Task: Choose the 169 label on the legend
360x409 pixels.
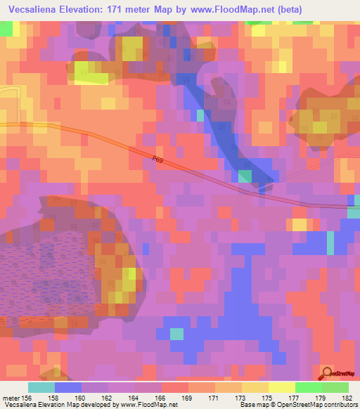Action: pyautogui.click(x=187, y=398)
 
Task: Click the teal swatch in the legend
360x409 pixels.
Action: pyautogui.click(x=41, y=387)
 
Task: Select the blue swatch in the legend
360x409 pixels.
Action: pyautogui.click(x=67, y=387)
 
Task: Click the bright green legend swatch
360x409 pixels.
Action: pyautogui.click(x=308, y=387)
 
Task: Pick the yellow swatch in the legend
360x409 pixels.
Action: pyautogui.click(x=281, y=387)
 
